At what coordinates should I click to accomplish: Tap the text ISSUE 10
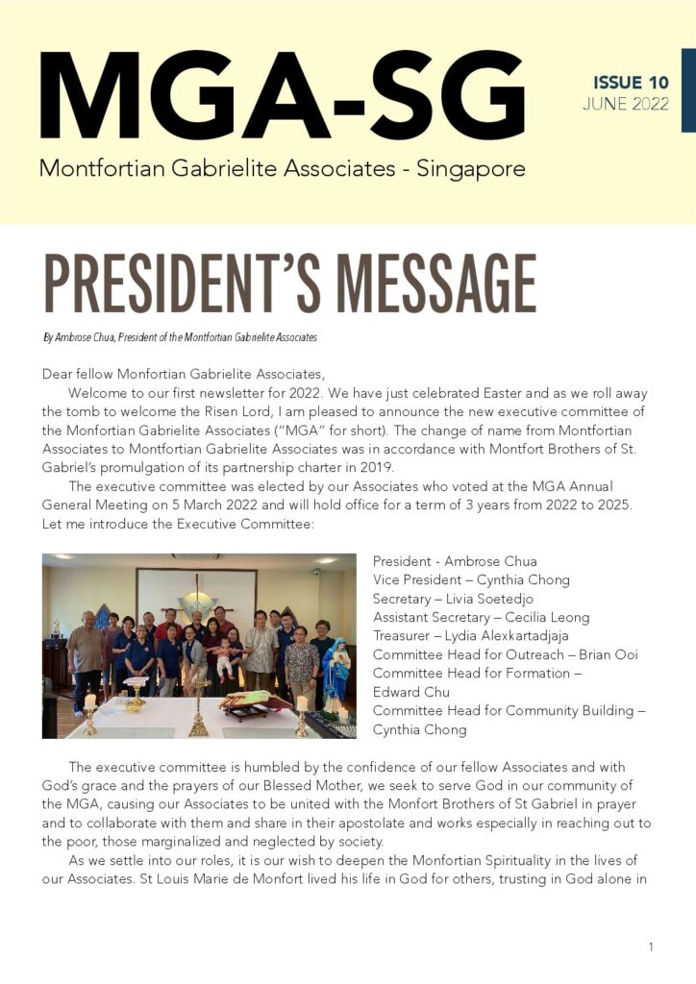click(x=631, y=83)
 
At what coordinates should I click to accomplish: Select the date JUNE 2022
click(x=626, y=105)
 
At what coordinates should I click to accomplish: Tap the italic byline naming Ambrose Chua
click(x=180, y=338)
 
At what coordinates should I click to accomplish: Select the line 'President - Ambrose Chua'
click(x=455, y=561)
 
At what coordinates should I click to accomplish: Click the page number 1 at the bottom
click(x=651, y=947)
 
